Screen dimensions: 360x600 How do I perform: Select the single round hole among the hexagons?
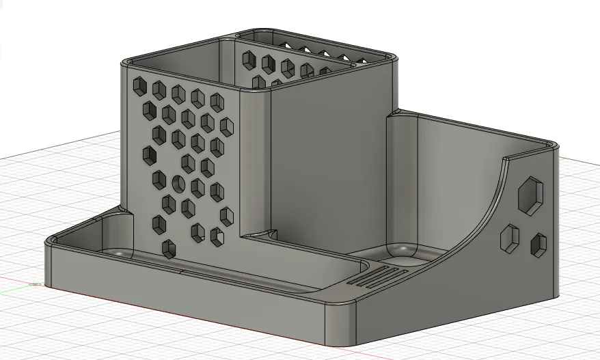point(178,183)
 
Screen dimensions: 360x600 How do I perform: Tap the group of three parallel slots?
point(375,275)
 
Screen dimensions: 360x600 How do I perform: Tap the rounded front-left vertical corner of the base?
point(49,263)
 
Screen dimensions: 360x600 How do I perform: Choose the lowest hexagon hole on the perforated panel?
point(167,249)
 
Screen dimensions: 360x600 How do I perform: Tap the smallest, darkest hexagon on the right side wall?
point(539,245)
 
